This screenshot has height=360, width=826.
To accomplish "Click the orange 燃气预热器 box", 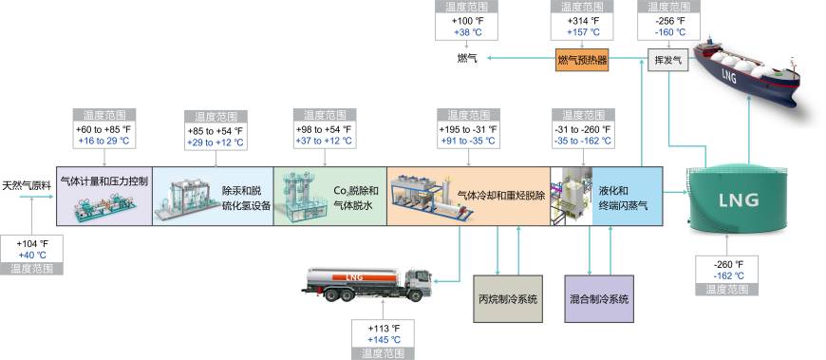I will pyautogui.click(x=582, y=61).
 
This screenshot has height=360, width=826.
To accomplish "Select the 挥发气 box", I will pyautogui.click(x=668, y=61).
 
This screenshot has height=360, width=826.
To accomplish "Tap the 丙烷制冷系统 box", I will pyautogui.click(x=507, y=298).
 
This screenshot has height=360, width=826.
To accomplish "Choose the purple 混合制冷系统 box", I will pyautogui.click(x=598, y=298).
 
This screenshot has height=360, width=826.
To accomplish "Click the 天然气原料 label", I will pyautogui.click(x=27, y=185).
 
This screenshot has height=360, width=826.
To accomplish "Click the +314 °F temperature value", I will pyautogui.click(x=582, y=20).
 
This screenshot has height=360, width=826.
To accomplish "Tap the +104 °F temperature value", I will pyautogui.click(x=32, y=243).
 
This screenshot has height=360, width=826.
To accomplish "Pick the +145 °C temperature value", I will pyautogui.click(x=383, y=340).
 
